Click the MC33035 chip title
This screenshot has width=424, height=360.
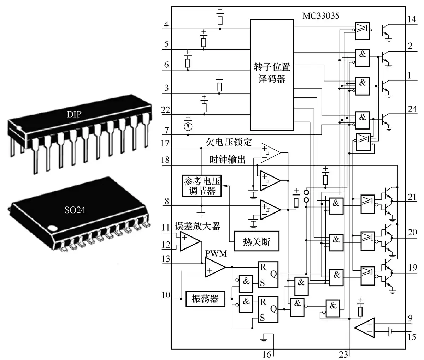tap(321, 16)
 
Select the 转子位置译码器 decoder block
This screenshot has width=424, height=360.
tap(272, 75)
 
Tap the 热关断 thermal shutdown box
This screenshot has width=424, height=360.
tap(257, 241)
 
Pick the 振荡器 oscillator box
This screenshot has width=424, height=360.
tap(205, 299)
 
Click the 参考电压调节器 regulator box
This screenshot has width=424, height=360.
tap(202, 186)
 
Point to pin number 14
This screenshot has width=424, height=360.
tap(412, 19)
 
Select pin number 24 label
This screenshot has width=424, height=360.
tap(412, 109)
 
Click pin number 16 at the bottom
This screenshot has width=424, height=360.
tap(267, 354)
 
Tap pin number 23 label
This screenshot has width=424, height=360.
tap(343, 354)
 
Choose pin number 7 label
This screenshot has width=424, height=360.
tap(166, 131)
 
